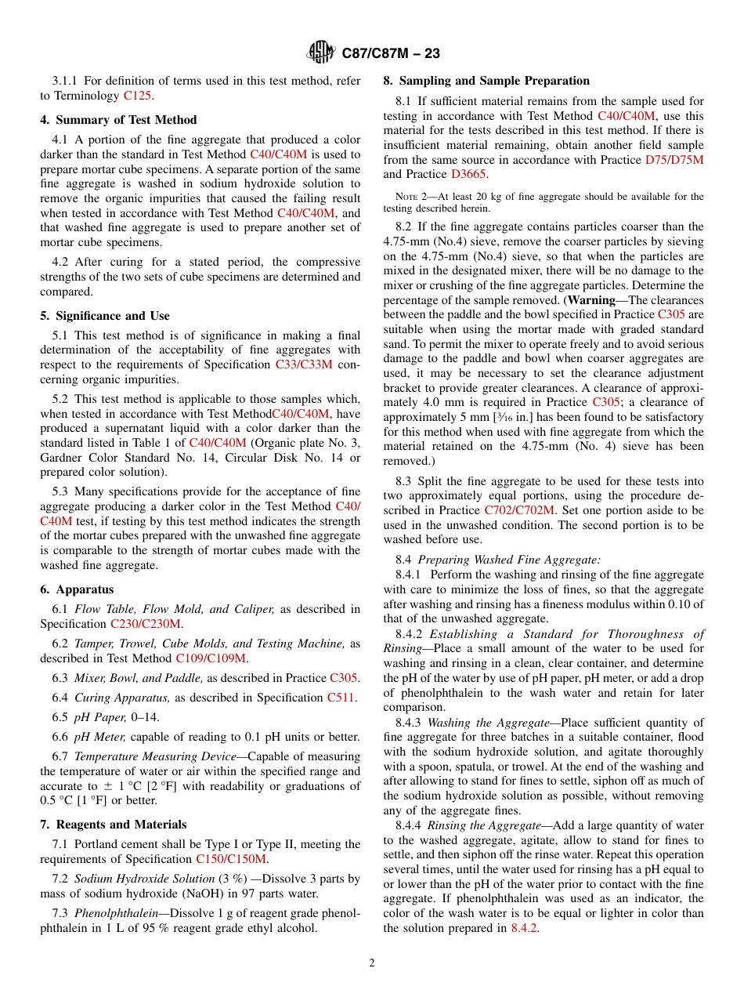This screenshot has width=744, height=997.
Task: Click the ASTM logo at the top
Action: coord(321,53)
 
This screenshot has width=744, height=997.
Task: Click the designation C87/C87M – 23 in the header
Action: coord(391,53)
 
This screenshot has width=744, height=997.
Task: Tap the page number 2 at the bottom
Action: coord(372,963)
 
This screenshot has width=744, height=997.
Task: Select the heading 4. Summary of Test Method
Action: coord(118,120)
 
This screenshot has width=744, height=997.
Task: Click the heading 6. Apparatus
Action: coord(77,589)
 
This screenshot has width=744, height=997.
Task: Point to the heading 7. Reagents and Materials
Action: coord(114,825)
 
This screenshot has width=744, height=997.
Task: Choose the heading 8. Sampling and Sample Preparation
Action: coord(486,81)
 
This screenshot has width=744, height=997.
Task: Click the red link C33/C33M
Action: coord(304,364)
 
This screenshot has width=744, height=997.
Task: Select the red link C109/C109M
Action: coord(211,658)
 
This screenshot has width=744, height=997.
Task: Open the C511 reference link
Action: coord(341,698)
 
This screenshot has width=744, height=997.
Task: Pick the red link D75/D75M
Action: coord(674,160)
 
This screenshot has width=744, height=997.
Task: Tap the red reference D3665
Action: coord(468,175)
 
